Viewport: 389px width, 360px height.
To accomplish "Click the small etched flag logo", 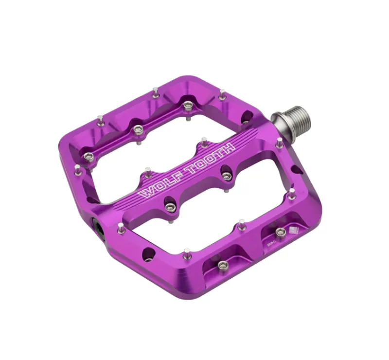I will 294,230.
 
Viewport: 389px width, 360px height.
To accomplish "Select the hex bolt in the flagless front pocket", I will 223,265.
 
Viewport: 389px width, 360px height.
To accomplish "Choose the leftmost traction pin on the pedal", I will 77,168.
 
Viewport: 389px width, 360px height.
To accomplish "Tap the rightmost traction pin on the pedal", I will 292,193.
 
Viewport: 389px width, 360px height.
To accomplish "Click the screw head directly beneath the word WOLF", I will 170,207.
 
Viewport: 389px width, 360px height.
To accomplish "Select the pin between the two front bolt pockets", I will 242,224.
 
